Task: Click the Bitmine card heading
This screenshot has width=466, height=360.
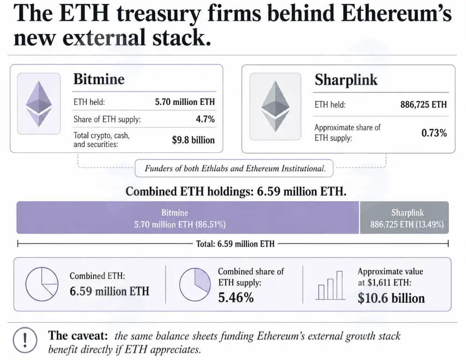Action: (99, 80)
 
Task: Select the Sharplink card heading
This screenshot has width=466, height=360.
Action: (346, 80)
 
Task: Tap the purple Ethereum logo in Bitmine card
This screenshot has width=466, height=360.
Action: (39, 104)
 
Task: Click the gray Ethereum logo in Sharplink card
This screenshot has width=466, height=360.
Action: (275, 106)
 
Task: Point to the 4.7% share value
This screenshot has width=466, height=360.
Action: (205, 119)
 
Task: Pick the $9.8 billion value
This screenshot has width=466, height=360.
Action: (193, 140)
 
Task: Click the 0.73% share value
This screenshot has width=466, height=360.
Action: (434, 133)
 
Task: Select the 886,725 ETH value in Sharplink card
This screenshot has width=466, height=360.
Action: (423, 105)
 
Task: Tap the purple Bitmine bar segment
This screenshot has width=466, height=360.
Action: (188, 218)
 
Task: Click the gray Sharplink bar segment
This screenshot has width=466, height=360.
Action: (404, 218)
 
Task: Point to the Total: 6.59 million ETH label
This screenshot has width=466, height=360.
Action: (235, 244)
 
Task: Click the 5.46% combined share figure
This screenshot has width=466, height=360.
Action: (236, 297)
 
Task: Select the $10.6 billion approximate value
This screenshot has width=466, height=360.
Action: (391, 298)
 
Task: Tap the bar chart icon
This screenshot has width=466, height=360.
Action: (330, 285)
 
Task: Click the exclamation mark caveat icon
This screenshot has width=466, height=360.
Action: (25, 340)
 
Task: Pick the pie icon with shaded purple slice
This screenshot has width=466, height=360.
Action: (195, 285)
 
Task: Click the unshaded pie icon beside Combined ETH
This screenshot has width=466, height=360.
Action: (42, 284)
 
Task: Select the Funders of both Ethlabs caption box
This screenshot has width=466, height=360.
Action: (234, 169)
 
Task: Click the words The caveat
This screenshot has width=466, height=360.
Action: (78, 336)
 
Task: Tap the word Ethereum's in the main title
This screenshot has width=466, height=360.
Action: (396, 14)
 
